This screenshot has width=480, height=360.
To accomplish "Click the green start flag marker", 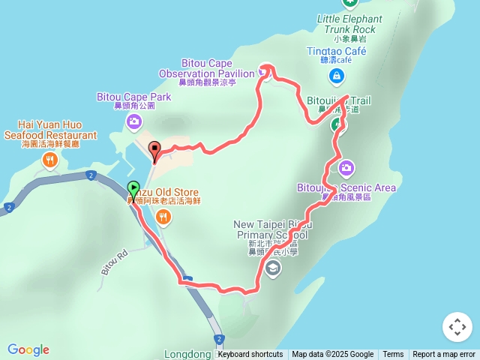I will point(133,190).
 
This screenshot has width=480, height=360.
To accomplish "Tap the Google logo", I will point(28,349).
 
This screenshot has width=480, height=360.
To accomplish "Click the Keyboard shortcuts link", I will point(250,355).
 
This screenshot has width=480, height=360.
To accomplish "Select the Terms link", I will point(393,355).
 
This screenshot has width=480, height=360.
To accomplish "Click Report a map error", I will point(444,355).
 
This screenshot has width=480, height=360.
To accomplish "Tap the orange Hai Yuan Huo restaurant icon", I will point(49,159).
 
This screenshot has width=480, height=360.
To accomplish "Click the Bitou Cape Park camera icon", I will point(133,121).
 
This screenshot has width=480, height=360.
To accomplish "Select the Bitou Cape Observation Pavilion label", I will point(206,69).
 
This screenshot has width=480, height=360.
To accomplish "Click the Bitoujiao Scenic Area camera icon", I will point(346,166).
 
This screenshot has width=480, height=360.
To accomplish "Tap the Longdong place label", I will point(186,354).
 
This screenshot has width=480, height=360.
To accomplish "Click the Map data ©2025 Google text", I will point(332,355).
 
